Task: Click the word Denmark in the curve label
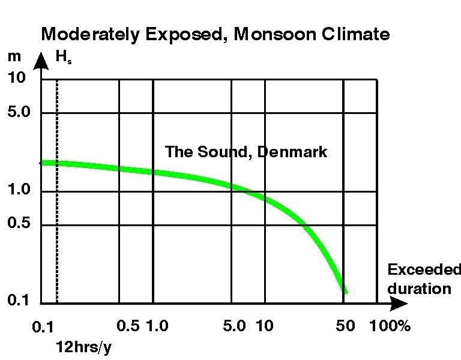[292, 152]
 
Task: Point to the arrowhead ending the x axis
[394, 304]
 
